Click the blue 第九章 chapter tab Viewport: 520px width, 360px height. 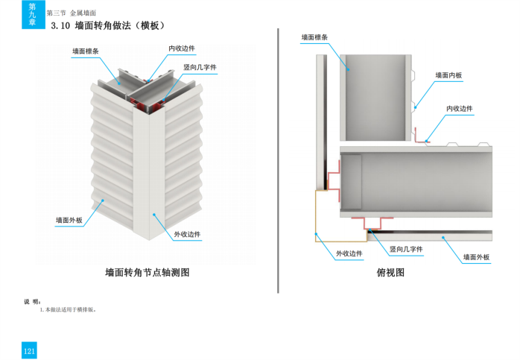click(31, 14)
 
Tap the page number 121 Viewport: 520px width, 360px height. click(29, 351)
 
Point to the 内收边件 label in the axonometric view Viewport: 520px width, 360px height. click(182, 48)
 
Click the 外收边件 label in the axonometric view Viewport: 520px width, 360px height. click(188, 234)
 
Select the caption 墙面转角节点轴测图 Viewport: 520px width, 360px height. click(148, 273)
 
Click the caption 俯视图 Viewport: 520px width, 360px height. click(391, 273)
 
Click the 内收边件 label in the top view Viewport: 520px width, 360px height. click(460, 109)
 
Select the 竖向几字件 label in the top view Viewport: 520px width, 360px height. click(406, 249)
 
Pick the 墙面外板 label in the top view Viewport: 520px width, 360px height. click(476, 257)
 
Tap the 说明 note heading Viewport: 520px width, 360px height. click(34, 301)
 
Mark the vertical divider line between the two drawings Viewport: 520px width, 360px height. click(278, 160)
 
